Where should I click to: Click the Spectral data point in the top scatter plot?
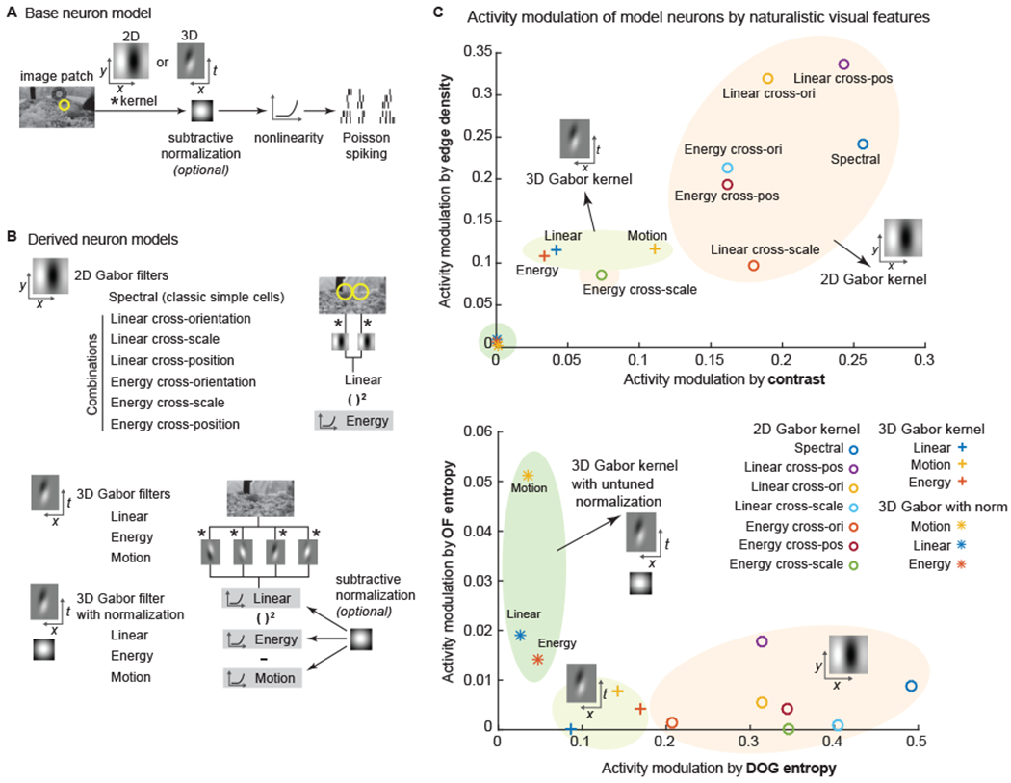[863, 144]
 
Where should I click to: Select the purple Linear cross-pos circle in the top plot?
[844, 65]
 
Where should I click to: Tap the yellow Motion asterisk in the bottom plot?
[528, 475]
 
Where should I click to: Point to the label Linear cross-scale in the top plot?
[765, 249]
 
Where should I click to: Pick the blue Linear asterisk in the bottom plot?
[520, 635]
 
